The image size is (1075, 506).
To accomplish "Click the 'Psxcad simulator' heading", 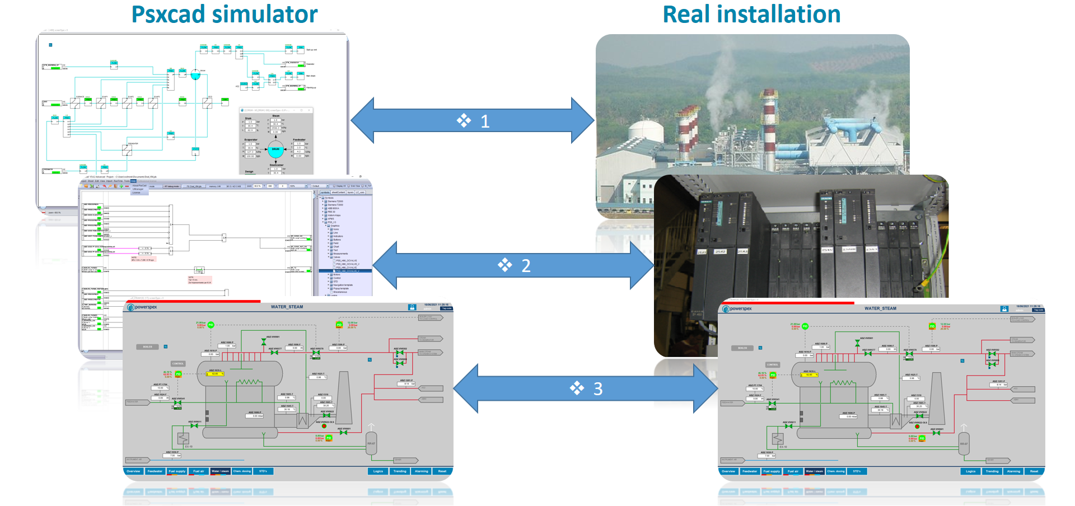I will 224,15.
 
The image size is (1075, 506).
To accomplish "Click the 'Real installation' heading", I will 751,15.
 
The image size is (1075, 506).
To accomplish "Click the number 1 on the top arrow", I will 485,121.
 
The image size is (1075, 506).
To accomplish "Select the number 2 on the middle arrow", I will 526,266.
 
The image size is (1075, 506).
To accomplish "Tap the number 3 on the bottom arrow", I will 597,389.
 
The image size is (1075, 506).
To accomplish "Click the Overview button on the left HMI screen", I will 133,471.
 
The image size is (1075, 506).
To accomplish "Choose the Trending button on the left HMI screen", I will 400,471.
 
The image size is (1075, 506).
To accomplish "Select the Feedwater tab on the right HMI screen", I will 750,471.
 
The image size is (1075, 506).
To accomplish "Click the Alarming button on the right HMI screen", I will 1013,471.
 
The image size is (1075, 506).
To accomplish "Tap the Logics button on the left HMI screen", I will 378,471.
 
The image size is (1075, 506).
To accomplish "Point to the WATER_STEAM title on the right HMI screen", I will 880,308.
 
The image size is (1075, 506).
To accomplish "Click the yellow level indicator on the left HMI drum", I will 215,374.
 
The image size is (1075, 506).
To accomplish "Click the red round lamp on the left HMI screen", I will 324,426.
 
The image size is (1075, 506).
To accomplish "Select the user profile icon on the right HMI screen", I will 1004,309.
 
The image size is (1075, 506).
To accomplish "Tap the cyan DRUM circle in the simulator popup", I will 275,149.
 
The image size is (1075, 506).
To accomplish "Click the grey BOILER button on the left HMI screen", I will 148,347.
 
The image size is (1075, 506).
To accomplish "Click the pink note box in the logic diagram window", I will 199,279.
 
